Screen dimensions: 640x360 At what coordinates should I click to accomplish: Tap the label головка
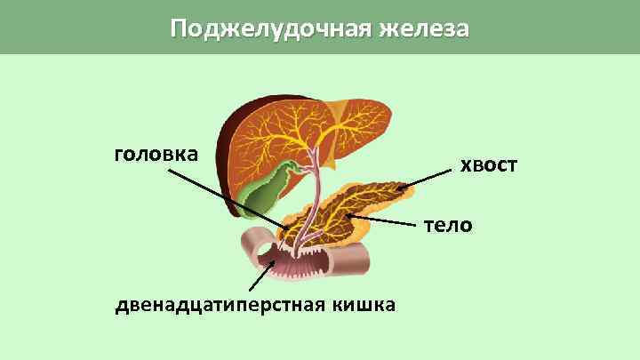(156, 154)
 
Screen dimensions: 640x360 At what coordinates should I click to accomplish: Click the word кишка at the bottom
(364, 306)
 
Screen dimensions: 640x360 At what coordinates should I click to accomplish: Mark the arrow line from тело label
(387, 220)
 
